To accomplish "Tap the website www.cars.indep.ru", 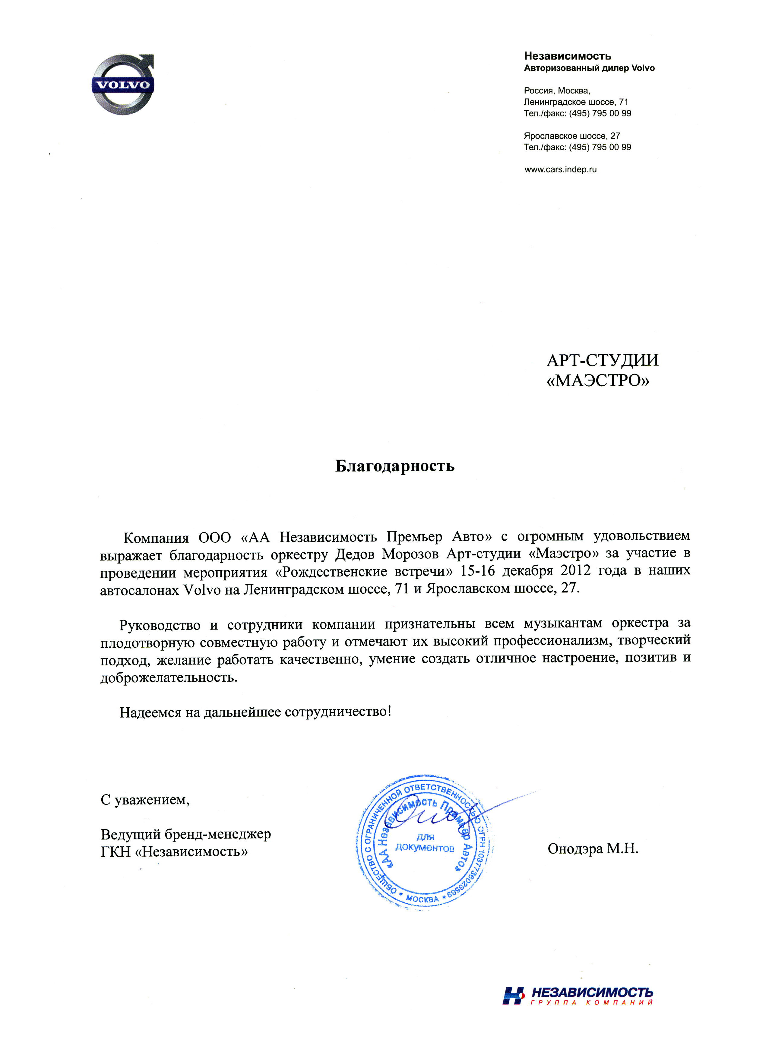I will click(560, 170).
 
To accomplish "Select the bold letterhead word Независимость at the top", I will click(568, 56).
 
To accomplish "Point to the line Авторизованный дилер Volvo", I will click(589, 68).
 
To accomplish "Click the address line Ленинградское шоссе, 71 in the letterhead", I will click(576, 102).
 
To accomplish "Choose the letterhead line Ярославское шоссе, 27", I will click(571, 136).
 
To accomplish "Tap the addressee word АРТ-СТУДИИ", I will click(603, 360).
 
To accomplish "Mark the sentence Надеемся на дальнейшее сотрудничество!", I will click(255, 712).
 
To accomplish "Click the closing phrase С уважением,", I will click(145, 800).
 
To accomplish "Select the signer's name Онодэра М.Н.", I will click(593, 848).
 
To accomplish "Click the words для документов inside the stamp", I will click(425, 843).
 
